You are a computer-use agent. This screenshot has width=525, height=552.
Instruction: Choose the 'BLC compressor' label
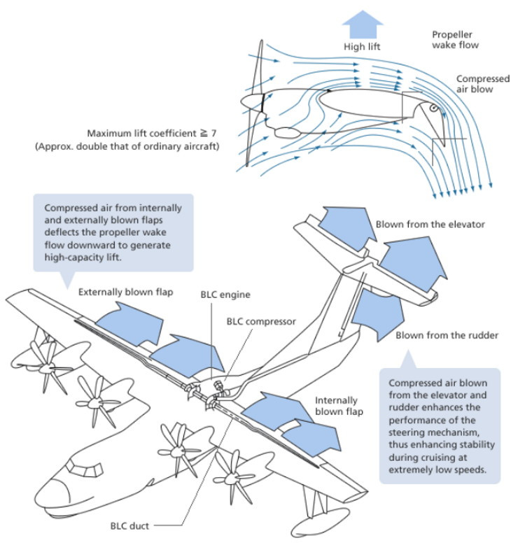[260, 322]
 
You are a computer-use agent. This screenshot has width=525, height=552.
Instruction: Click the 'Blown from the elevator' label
[430, 225]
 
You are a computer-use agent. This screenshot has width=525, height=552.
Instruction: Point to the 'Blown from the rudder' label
[447, 335]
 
